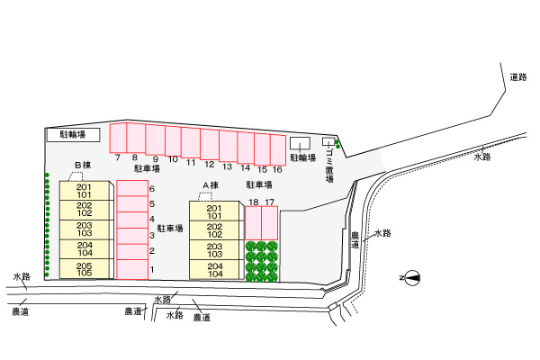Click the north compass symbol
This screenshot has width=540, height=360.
410,278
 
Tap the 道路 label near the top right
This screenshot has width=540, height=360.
517,76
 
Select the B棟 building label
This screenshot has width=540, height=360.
83,165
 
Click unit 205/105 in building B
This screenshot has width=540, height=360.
85,268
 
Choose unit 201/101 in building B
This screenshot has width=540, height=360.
85,191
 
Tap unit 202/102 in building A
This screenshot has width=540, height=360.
215,230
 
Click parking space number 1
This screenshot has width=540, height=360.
131,269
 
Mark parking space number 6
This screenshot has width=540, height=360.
131,188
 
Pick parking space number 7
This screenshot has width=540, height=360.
118,138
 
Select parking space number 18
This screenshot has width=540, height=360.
253,221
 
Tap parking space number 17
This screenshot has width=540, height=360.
269,221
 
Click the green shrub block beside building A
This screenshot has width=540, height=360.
261,261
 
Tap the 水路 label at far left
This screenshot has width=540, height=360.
21,276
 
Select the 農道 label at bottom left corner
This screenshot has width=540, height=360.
20,312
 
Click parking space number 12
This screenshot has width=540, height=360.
209,144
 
